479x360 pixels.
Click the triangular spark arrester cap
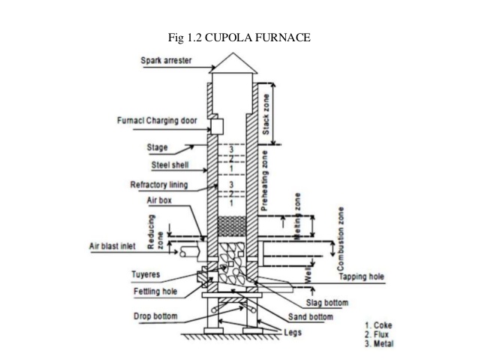tap(233, 64)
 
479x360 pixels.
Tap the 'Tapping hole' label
tap(361, 277)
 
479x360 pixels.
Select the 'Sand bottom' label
tap(309, 316)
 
